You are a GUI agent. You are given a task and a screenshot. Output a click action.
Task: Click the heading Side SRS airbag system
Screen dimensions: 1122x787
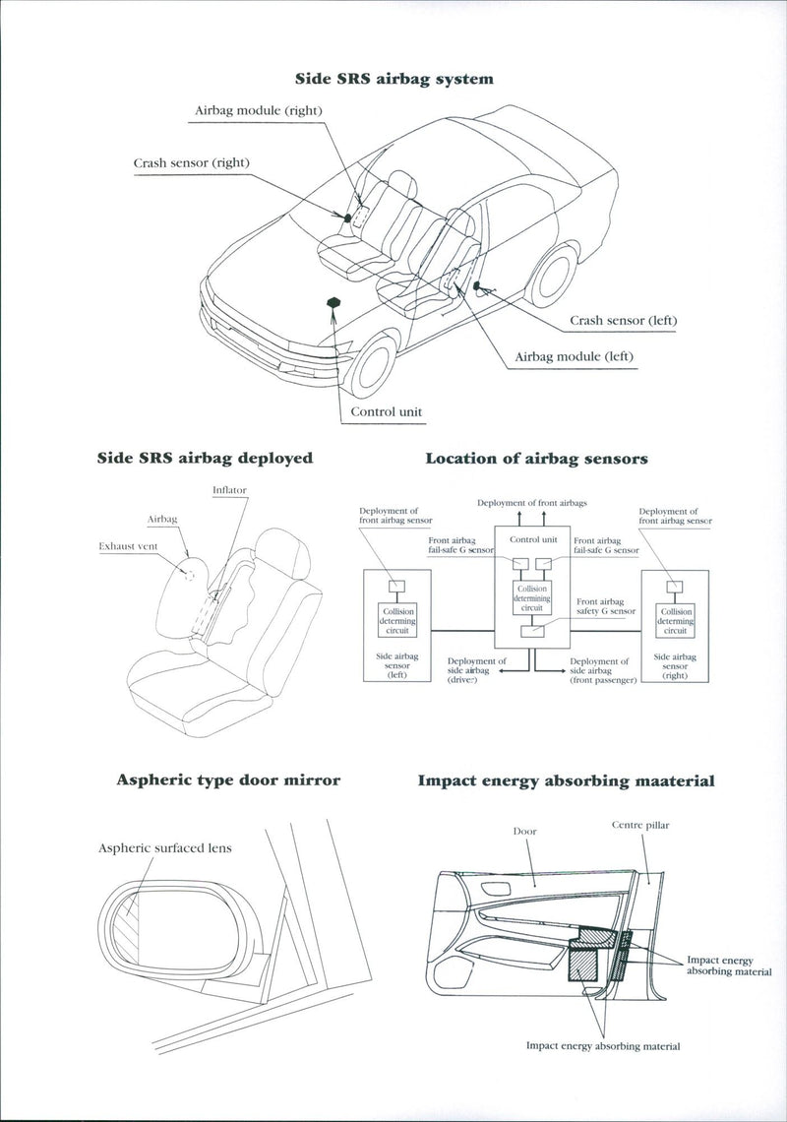[393, 78]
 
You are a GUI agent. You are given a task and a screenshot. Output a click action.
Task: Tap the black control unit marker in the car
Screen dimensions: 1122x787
[333, 302]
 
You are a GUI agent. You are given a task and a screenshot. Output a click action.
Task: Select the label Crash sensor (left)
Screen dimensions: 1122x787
[623, 321]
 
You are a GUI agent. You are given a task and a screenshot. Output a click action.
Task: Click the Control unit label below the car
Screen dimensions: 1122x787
[387, 412]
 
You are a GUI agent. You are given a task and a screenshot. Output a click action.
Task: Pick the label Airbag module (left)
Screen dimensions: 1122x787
[575, 356]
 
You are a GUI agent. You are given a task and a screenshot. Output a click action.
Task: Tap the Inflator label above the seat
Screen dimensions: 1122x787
[229, 489]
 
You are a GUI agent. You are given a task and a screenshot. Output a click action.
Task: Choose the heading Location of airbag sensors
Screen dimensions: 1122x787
[536, 459]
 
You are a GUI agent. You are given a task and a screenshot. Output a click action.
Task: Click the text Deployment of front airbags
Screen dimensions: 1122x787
[531, 503]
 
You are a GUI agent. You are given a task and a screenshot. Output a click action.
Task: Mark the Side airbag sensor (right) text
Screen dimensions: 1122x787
[676, 666]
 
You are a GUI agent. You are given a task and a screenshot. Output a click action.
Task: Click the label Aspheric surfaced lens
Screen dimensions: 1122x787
[164, 847]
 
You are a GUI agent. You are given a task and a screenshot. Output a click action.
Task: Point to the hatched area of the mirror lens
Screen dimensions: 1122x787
[131, 926]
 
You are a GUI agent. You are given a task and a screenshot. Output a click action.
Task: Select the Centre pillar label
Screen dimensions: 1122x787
[639, 826]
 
